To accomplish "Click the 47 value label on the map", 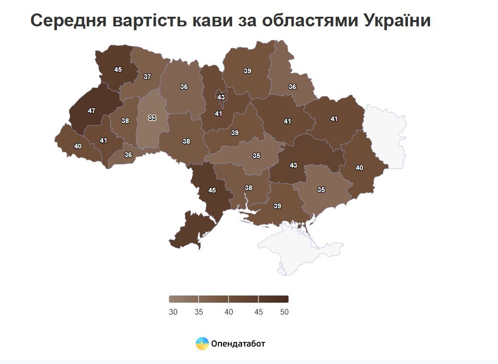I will [92, 111].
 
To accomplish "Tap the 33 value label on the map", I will [152, 118].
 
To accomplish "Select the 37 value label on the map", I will [147, 77].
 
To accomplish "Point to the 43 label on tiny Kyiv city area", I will [221, 97].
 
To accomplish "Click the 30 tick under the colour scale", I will [174, 312].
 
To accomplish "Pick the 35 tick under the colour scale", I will [199, 312].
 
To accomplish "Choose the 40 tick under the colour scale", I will [229, 312].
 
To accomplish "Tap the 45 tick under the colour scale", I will [258, 312].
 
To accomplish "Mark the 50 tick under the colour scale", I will [284, 312].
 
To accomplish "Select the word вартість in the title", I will [138, 21].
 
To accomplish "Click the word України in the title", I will [397, 21].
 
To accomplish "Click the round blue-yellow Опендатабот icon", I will [202, 343].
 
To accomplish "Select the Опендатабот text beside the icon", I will [238, 343].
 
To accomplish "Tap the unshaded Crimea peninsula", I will [297, 251].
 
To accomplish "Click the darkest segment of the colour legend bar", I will [273, 299].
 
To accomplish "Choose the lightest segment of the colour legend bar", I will [184, 299].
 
